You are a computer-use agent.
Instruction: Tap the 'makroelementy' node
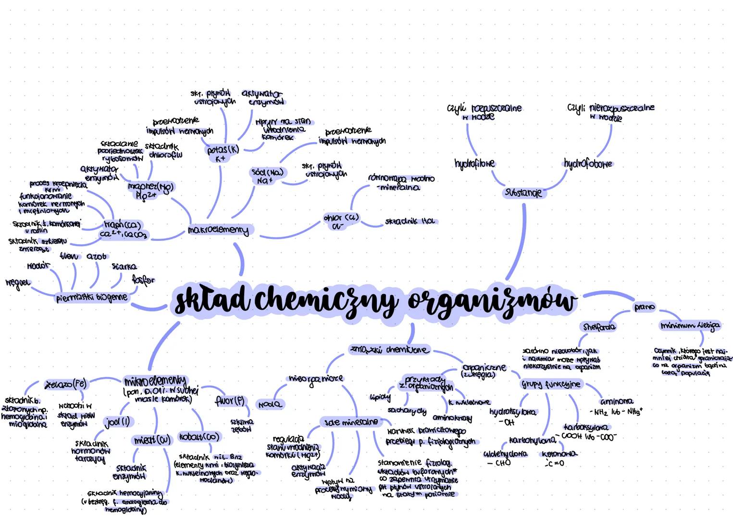[219, 230]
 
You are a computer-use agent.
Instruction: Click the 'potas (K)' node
[222, 150]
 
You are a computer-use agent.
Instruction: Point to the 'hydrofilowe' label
[474, 164]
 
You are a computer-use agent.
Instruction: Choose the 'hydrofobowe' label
[587, 163]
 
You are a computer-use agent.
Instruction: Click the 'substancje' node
[523, 193]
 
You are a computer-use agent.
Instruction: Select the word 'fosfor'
[143, 280]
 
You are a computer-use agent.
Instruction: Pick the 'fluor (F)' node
[230, 400]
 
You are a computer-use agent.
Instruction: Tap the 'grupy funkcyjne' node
[551, 384]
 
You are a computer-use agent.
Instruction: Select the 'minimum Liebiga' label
[690, 326]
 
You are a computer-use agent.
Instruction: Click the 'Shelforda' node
[599, 327]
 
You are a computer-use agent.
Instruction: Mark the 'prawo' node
[645, 307]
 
